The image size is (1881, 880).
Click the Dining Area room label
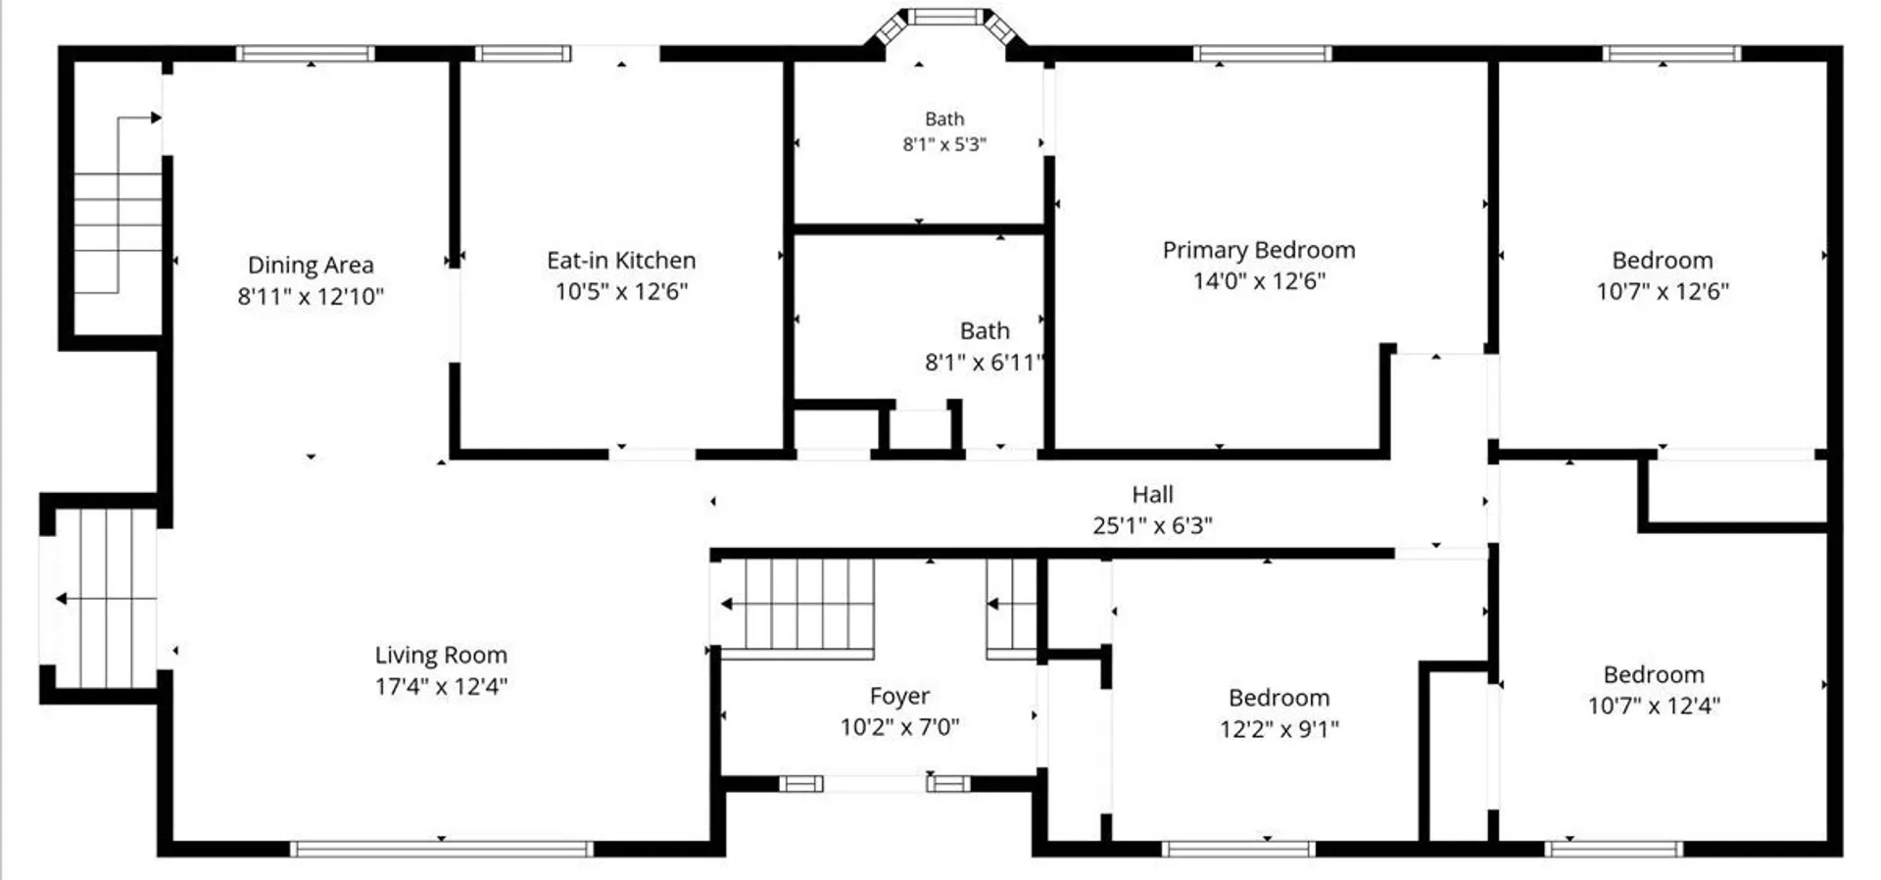coord(311,265)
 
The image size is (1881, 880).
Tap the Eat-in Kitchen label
coord(621,261)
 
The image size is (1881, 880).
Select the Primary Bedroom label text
coord(1259,250)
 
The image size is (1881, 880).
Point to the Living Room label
coord(441,656)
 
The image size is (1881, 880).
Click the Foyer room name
coord(899,697)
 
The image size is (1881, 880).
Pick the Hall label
coord(1152,495)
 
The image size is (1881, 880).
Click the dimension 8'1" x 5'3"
coord(944,144)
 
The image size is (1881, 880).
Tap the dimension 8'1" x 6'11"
coord(984,363)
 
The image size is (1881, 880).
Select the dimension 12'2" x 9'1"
coord(1279,729)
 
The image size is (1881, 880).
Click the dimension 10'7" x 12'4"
coord(1654,706)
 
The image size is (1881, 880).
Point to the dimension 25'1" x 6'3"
coord(1152,525)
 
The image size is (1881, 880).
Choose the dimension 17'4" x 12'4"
coord(441,686)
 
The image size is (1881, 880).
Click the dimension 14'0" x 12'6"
coord(1259,281)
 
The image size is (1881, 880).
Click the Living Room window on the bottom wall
coord(441,849)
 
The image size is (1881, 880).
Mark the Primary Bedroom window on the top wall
coord(1262,53)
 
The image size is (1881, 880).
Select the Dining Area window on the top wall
coord(306,53)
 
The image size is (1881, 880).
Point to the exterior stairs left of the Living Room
coord(97,598)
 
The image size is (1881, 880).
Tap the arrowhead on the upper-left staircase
coord(156,119)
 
